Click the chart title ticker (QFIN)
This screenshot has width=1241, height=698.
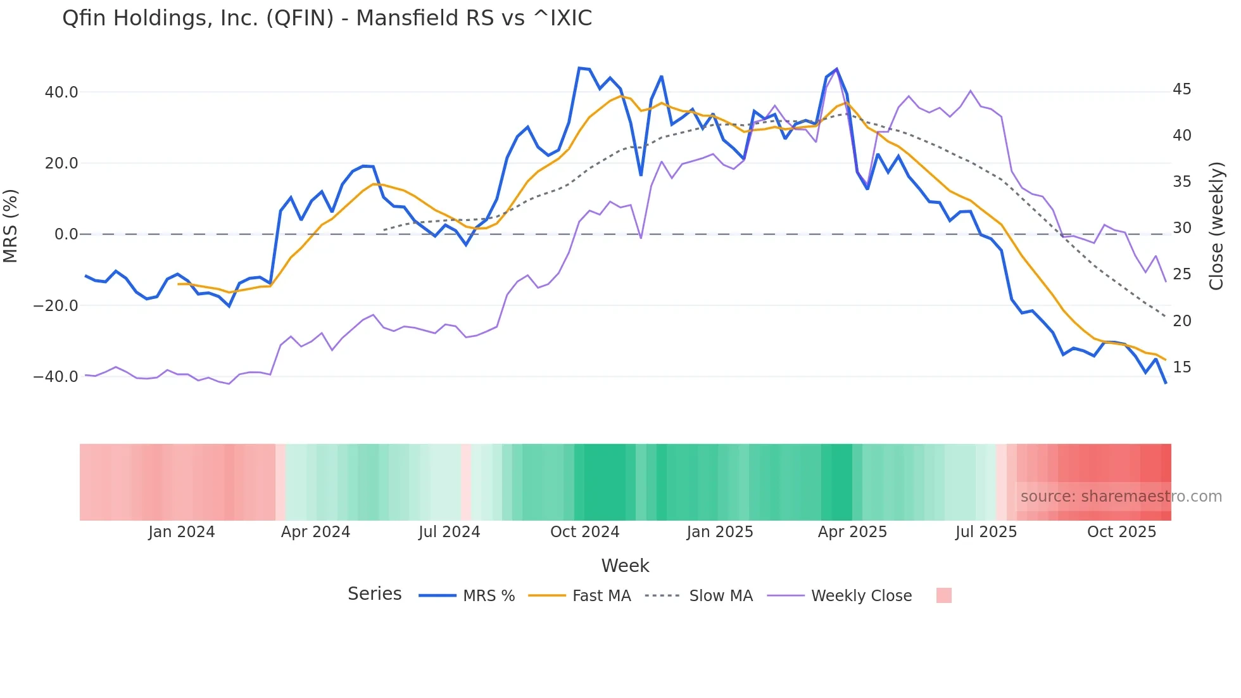click(299, 18)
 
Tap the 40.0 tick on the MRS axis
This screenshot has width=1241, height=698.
click(61, 92)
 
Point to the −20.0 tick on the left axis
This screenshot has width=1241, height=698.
click(56, 306)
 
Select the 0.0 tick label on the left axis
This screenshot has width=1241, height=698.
click(66, 234)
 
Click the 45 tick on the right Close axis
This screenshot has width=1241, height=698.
click(1181, 89)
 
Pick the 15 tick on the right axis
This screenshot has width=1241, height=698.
click(1181, 367)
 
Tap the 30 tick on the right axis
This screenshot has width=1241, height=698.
click(1181, 228)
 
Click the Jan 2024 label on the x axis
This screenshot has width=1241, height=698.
click(182, 532)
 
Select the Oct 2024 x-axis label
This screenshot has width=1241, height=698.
click(584, 532)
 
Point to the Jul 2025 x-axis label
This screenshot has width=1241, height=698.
click(986, 532)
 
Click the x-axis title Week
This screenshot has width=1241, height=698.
click(625, 566)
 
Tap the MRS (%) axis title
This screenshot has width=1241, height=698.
click(11, 226)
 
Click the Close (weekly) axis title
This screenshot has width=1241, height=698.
click(1216, 226)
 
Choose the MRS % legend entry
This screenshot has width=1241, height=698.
click(488, 596)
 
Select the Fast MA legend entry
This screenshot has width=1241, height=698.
click(601, 596)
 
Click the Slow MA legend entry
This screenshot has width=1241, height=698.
click(721, 596)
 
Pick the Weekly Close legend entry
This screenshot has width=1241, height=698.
click(861, 596)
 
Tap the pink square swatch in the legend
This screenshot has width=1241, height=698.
click(943, 595)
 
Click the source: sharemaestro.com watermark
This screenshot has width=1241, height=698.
click(1121, 497)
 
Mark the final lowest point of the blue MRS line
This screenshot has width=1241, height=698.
click(1166, 383)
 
